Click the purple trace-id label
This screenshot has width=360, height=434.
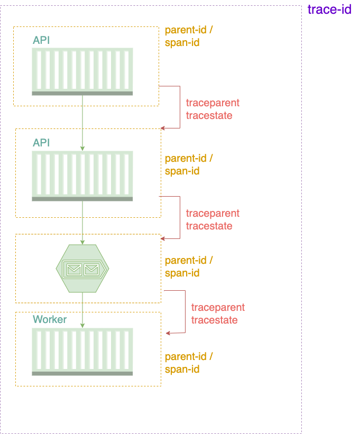tap(329, 10)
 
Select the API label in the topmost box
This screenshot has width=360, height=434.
tap(41, 40)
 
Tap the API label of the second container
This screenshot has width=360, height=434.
tap(41, 143)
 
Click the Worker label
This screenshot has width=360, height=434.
tap(50, 319)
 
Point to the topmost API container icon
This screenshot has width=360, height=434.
tap(82, 71)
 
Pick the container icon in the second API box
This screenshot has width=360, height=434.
tap(82, 176)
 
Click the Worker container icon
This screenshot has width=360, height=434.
tap(82, 352)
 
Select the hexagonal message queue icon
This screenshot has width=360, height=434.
tap(82, 269)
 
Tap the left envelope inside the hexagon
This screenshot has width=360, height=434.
tap(74, 270)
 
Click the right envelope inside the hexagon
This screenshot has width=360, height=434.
tap(91, 270)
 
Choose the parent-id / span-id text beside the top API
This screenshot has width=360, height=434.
tap(189, 36)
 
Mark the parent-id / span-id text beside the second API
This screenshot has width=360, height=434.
tap(189, 164)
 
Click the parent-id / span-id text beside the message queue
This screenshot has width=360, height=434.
tap(189, 266)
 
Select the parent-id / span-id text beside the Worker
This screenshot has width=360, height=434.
tap(189, 363)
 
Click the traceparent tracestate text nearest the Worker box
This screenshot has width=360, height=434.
tap(218, 313)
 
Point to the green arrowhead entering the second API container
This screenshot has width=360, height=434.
tap(82, 149)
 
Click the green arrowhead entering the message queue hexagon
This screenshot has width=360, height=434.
tap(82, 242)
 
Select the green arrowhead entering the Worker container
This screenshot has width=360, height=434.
tap(82, 325)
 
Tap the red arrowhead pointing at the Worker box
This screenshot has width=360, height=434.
tap(168, 333)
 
